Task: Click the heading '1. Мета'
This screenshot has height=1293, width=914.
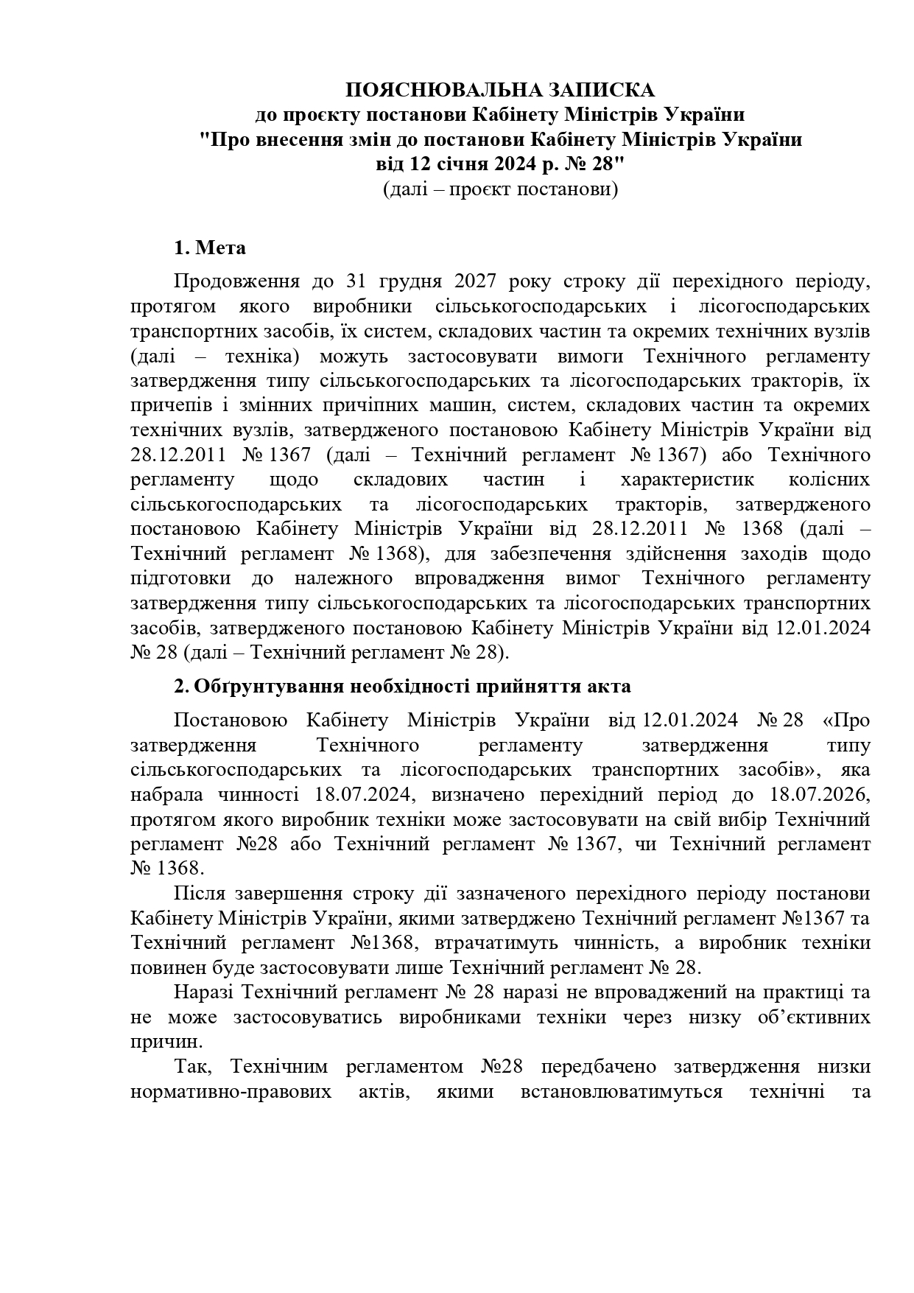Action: pyautogui.click(x=210, y=248)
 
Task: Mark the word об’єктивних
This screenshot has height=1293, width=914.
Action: pyautogui.click(x=814, y=1017)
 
